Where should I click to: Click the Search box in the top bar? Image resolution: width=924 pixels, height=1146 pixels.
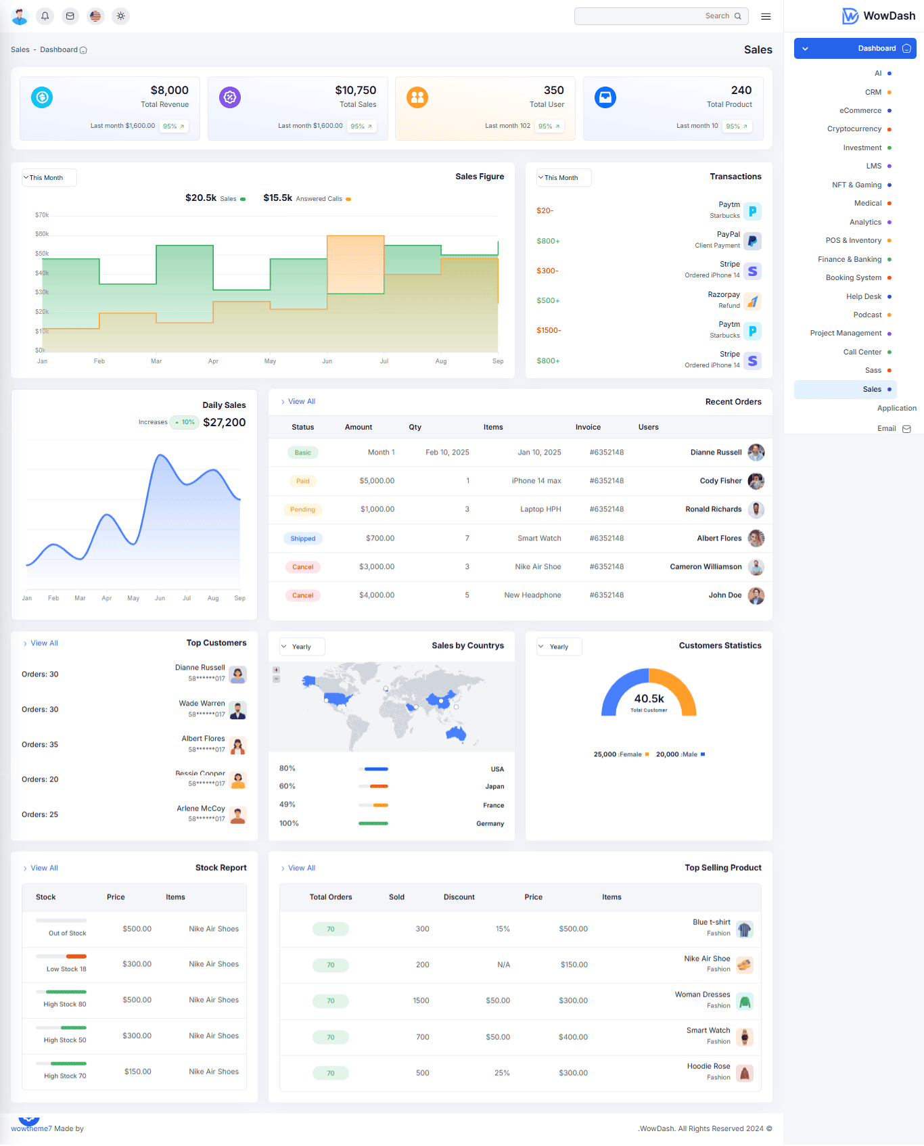[x=660, y=16]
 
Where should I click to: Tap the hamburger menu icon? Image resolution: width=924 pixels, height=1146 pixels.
[x=766, y=16]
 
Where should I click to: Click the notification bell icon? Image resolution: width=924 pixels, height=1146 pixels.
[x=45, y=16]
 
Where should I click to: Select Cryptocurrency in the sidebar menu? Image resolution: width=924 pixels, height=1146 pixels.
[x=854, y=129]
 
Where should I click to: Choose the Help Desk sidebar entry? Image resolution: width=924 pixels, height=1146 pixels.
[x=863, y=296]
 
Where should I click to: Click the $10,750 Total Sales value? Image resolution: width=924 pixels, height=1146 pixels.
[x=355, y=90]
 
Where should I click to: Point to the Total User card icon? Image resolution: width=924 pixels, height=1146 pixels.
[x=417, y=97]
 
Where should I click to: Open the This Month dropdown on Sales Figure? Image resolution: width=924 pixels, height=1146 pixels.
[x=49, y=178]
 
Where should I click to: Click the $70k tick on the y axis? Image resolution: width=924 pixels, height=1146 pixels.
[x=42, y=215]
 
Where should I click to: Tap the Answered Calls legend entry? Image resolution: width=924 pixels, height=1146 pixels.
[x=319, y=199]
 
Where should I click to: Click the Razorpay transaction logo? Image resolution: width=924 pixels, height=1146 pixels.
[x=752, y=301]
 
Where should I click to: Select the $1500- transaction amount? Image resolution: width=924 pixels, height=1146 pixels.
[x=549, y=330]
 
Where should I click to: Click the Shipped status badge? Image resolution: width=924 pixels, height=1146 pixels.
[x=303, y=538]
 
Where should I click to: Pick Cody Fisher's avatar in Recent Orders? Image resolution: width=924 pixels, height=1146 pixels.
[x=756, y=481]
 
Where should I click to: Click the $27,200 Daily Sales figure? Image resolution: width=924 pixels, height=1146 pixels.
[x=224, y=422]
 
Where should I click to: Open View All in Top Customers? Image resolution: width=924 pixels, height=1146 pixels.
[x=44, y=643]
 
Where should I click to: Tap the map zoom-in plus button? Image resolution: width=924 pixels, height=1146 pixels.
[x=276, y=670]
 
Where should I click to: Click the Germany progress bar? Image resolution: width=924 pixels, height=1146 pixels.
[x=373, y=823]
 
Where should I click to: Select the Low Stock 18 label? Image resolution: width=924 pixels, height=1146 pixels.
[x=66, y=969]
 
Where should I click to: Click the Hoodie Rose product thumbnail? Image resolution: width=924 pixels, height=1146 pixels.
[x=744, y=1073]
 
